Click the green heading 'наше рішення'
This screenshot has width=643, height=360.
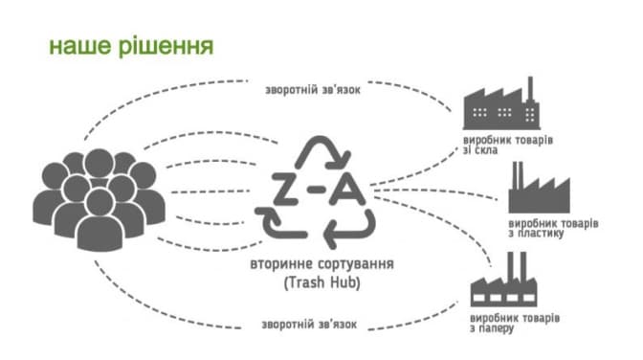click(x=131, y=46)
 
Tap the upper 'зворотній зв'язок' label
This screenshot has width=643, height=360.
click(x=313, y=90)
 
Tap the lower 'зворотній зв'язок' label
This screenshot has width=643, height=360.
click(x=309, y=325)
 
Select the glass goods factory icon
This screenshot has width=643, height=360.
click(x=501, y=103)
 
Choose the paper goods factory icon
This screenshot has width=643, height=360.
click(x=503, y=280)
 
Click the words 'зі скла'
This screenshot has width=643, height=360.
click(x=480, y=150)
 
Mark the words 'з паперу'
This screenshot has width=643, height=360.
click(x=492, y=328)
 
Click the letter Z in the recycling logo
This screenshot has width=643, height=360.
click(x=285, y=189)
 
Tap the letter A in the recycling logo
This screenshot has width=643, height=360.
click(x=347, y=189)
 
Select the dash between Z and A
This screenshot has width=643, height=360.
click(x=316, y=189)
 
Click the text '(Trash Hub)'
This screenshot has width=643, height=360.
click(x=321, y=282)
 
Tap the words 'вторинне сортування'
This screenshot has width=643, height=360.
click(x=321, y=263)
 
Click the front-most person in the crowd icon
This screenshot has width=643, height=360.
click(x=100, y=222)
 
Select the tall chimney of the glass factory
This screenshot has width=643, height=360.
click(x=530, y=89)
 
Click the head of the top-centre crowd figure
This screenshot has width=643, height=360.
click(x=99, y=163)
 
